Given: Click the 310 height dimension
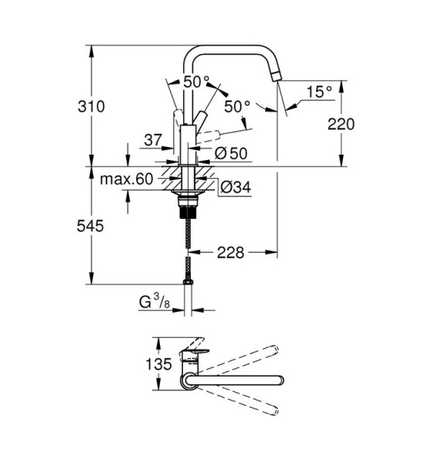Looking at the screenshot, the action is click(91, 107).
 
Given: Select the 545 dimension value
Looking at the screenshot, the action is click(90, 227).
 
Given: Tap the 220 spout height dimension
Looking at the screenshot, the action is click(341, 125).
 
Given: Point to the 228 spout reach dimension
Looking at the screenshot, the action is click(230, 253).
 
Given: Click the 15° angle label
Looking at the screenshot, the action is click(319, 92).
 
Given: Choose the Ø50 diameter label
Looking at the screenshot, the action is click(231, 153).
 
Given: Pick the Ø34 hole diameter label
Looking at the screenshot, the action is click(236, 187).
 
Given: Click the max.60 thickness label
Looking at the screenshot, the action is click(127, 179).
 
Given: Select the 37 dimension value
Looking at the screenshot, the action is click(153, 140).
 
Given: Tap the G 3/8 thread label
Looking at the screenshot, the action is click(155, 302).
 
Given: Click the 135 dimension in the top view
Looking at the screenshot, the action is click(158, 363).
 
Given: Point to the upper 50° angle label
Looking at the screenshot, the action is click(196, 82).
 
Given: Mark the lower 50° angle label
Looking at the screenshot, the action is click(237, 107).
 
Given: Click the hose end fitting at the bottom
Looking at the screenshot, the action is click(188, 282).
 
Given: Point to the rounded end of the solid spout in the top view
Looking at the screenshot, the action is click(280, 380).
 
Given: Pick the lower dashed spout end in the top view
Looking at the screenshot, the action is click(275, 411).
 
